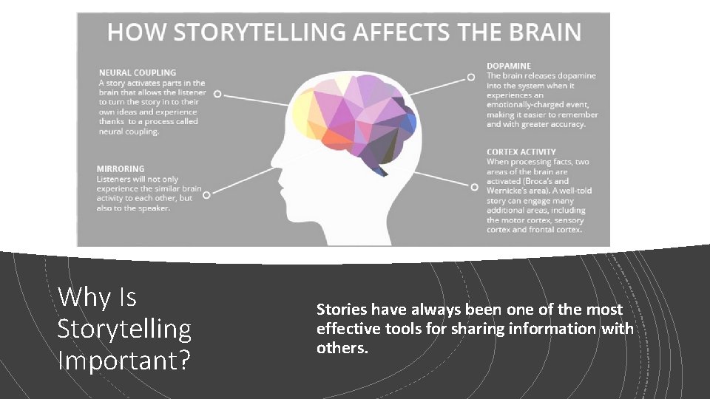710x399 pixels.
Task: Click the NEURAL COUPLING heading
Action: tap(138, 72)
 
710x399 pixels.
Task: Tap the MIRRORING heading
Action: tap(120, 168)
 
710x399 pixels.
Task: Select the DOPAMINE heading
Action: tap(508, 66)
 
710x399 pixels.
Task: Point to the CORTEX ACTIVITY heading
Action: tap(521, 152)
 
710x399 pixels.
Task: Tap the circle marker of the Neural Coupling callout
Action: tap(217, 94)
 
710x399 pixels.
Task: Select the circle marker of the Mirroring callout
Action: tap(206, 194)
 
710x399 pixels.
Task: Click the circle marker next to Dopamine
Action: tap(470, 76)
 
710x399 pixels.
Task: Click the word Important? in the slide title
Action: tap(124, 361)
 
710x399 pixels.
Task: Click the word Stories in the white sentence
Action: tap(342, 309)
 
